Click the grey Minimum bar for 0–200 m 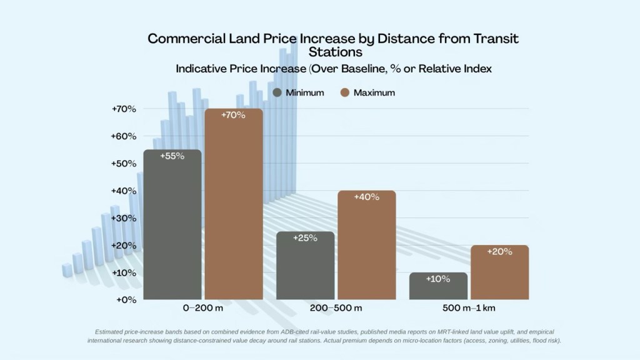172,225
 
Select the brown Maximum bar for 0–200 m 233,206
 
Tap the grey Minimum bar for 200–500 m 305,266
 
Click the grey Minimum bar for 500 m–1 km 438,286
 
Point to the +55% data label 172,156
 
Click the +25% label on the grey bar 305,238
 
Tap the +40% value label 366,197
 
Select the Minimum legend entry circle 278,92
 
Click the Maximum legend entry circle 344,92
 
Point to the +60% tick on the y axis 124,136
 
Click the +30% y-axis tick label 124,218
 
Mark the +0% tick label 126,300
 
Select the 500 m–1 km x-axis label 468,309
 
